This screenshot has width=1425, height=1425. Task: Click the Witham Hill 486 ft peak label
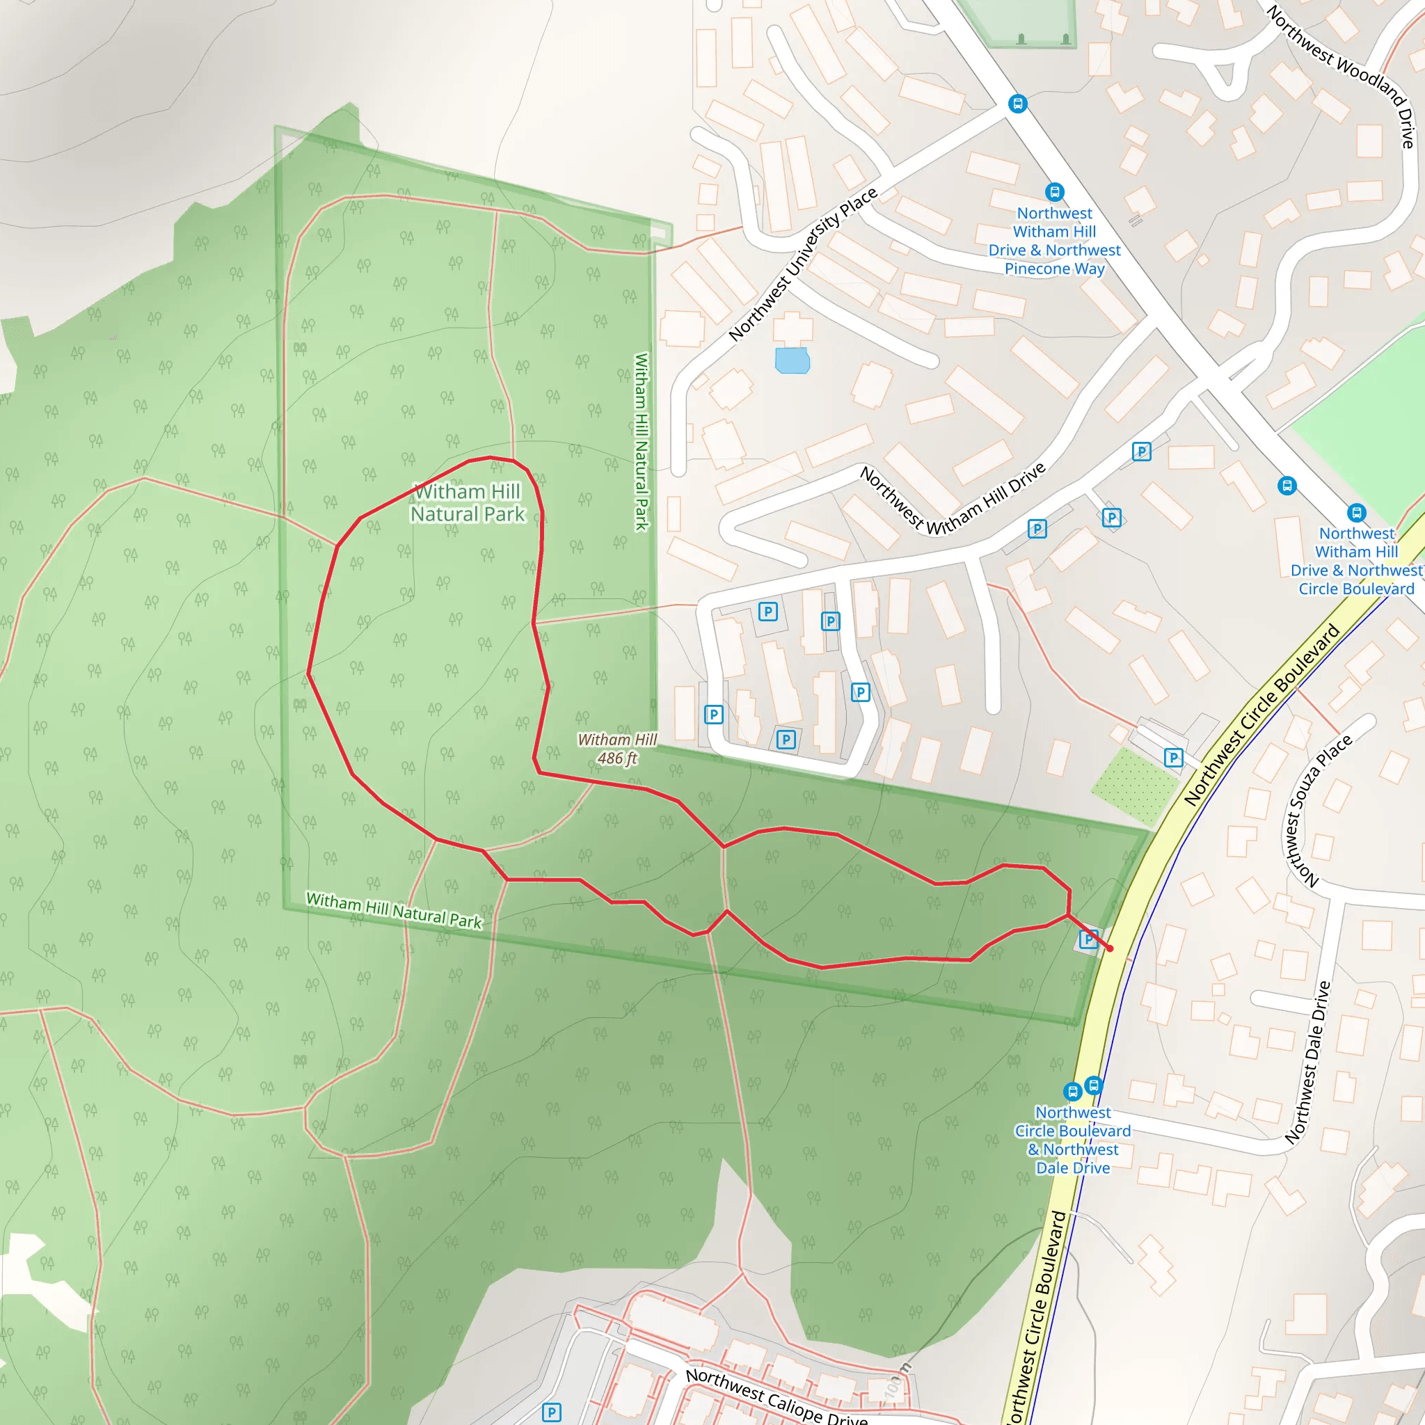(x=616, y=749)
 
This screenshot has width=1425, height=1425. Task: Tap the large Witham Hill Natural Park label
(x=468, y=502)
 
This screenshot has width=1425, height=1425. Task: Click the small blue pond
(x=792, y=360)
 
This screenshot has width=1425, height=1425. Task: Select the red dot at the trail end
(x=1109, y=948)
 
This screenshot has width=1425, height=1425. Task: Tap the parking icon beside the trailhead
(x=1088, y=939)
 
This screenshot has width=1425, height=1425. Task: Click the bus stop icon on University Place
(x=1018, y=104)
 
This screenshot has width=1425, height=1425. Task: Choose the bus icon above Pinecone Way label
(x=1055, y=193)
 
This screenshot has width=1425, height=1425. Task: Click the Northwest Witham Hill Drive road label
(x=953, y=500)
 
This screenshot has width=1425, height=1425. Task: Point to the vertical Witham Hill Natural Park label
(x=642, y=441)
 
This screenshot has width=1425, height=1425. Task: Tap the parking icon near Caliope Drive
(x=551, y=1412)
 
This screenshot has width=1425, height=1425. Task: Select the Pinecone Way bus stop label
(x=1055, y=241)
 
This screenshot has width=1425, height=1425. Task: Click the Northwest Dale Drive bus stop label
(x=1072, y=1140)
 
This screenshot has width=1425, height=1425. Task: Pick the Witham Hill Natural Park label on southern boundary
(x=394, y=911)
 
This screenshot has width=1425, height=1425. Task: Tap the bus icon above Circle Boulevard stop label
(x=1355, y=513)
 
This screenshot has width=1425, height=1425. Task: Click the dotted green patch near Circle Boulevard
(x=1133, y=785)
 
